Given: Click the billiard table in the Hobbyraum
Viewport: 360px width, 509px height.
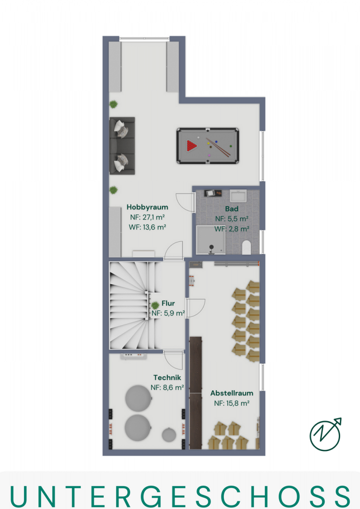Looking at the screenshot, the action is pyautogui.click(x=208, y=146).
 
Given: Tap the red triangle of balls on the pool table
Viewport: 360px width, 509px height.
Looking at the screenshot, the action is pyautogui.click(x=191, y=146).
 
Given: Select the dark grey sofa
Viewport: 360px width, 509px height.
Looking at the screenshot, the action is pyautogui.click(x=122, y=146).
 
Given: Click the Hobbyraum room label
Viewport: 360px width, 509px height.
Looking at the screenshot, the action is pyautogui.click(x=147, y=207).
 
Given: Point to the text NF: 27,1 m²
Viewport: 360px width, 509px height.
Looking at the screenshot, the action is pyautogui.click(x=147, y=217).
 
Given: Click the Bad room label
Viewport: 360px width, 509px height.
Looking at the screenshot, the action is pyautogui.click(x=232, y=209).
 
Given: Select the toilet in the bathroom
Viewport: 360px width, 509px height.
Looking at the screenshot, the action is pyautogui.click(x=247, y=247).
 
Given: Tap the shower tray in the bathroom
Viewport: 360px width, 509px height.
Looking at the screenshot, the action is pyautogui.click(x=211, y=240).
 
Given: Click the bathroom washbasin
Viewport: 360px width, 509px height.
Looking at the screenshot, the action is pyautogui.click(x=238, y=196).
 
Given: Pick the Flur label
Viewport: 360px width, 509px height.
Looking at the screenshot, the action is pyautogui.click(x=168, y=303).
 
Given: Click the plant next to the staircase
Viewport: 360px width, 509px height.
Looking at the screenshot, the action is pyautogui.click(x=155, y=305).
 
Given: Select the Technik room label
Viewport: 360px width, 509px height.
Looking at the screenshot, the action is pyautogui.click(x=167, y=378).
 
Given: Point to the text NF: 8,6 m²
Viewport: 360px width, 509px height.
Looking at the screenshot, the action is pyautogui.click(x=167, y=387).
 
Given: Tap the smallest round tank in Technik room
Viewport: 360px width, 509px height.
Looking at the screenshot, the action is pyautogui.click(x=169, y=435).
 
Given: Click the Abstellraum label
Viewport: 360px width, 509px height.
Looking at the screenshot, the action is pyautogui.click(x=232, y=393).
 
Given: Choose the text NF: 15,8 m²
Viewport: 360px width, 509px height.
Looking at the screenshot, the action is pyautogui.click(x=232, y=403).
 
